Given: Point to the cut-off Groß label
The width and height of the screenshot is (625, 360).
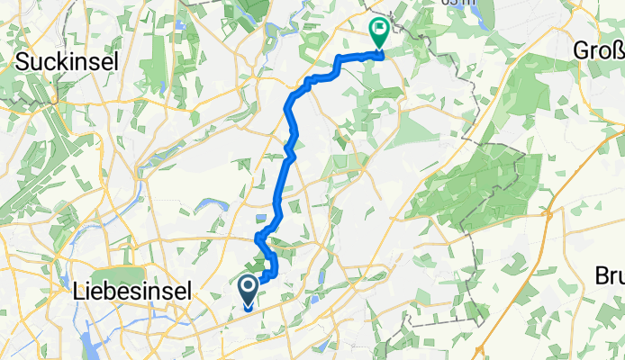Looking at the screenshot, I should click(599, 52).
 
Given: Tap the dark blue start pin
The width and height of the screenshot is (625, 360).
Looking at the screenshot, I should click(249, 291).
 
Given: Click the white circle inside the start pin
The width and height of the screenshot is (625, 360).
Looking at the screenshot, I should click(249, 286).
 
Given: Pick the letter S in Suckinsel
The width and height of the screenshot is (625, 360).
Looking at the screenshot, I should click(22, 62).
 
